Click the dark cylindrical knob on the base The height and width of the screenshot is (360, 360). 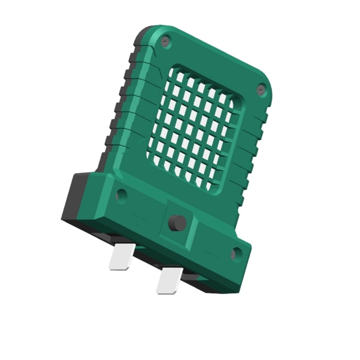click(x=177, y=223)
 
